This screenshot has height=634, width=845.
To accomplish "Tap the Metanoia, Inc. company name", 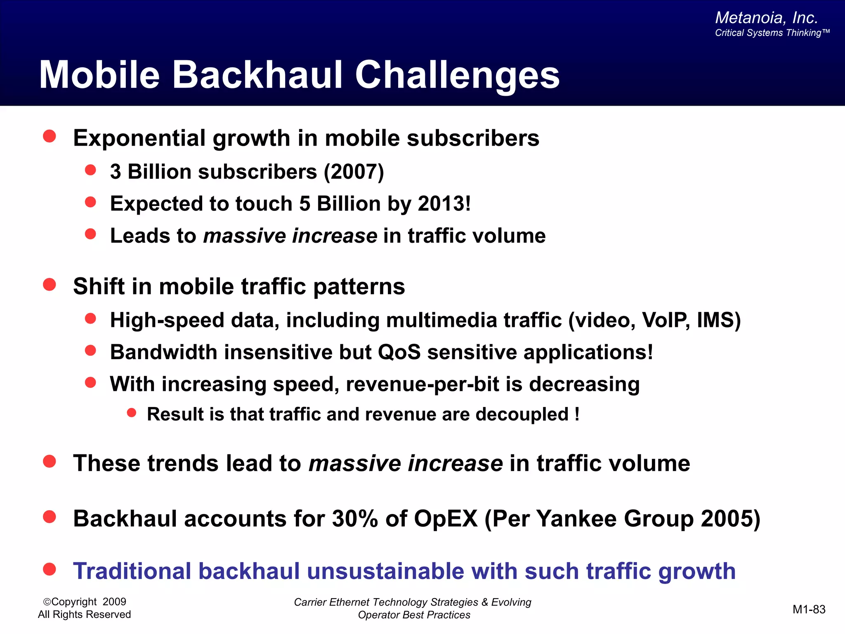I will pyautogui.click(x=766, y=18).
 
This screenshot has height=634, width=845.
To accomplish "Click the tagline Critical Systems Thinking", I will pyautogui.click(x=772, y=33).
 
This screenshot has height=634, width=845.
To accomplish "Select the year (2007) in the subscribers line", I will pyautogui.click(x=354, y=172).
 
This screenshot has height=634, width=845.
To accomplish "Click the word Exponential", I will pyautogui.click(x=139, y=138).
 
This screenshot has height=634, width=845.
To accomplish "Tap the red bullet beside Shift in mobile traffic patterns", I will pyautogui.click(x=50, y=284).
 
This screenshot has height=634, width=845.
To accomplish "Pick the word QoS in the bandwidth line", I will pyautogui.click(x=399, y=352).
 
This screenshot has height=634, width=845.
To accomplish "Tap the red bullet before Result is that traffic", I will pyautogui.click(x=132, y=413).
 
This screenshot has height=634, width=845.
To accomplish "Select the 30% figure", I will pyautogui.click(x=354, y=518).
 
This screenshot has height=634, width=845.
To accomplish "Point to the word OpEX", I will pyautogui.click(x=446, y=518).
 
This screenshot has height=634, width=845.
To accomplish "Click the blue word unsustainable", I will pyautogui.click(x=385, y=571).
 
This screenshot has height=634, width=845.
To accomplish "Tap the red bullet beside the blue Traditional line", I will pyautogui.click(x=50, y=569).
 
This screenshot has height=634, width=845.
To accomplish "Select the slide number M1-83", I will pyautogui.click(x=809, y=609).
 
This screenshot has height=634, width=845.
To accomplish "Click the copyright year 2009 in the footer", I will pyautogui.click(x=114, y=602).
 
